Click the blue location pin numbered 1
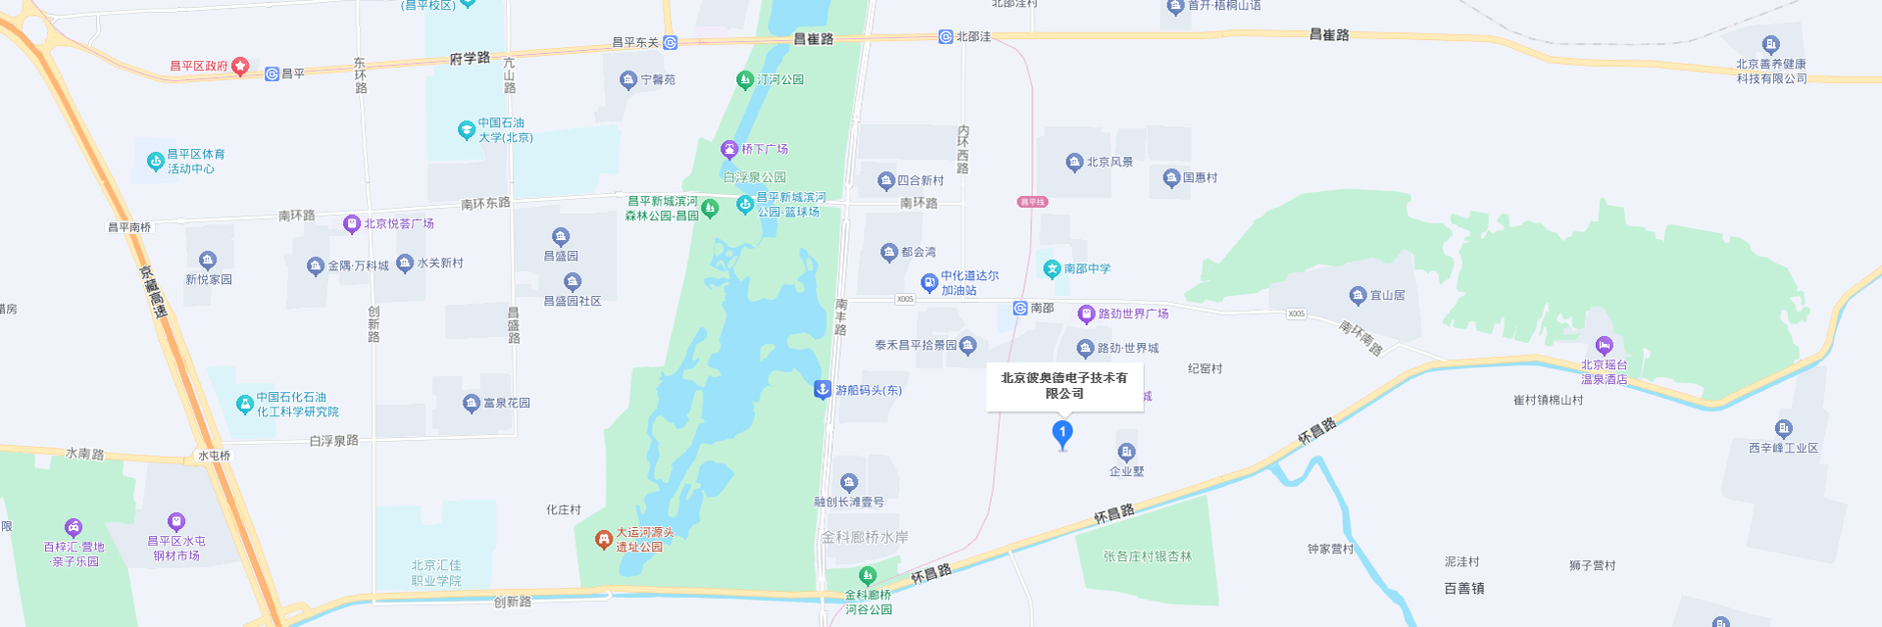point(1062,433)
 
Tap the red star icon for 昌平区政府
point(240,66)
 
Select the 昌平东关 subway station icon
point(669,42)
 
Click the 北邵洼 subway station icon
point(945,36)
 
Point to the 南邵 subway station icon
point(1019,308)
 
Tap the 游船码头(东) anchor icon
point(822,389)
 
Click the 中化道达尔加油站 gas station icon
point(929,283)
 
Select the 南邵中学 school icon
point(1052,268)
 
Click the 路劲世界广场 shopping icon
point(1086,313)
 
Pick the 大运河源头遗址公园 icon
point(604,539)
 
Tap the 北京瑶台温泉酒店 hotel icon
point(1604,346)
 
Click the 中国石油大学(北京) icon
point(467,129)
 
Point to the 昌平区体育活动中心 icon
point(155,162)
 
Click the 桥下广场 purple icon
point(729,149)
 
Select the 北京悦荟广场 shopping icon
point(352,224)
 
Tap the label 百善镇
point(1463,588)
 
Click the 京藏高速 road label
point(153,292)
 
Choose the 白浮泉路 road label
point(333,441)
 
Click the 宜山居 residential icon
point(1358,295)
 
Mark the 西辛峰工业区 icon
point(1783,429)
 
